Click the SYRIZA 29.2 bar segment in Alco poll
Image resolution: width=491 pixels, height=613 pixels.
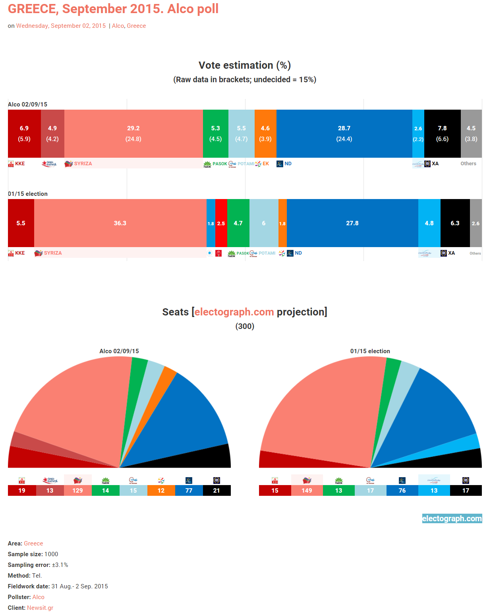[133, 133]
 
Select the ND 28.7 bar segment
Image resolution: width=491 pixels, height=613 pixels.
[344, 133]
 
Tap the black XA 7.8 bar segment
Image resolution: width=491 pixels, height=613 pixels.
[442, 133]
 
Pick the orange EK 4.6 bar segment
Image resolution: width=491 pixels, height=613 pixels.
[265, 133]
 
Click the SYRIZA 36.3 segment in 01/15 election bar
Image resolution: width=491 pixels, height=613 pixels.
[120, 223]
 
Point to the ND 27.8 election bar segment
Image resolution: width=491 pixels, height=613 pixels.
[352, 223]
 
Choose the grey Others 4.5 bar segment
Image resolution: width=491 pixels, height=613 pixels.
[471, 133]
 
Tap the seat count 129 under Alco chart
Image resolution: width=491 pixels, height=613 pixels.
[77, 490]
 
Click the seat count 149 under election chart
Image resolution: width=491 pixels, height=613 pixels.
[307, 490]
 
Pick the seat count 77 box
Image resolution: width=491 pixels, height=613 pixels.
[189, 490]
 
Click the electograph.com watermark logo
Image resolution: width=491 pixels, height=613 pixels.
[452, 518]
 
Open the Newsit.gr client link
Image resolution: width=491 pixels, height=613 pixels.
[40, 607]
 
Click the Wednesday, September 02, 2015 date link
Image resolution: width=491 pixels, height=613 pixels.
[61, 26]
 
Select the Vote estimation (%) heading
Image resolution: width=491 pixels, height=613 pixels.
[245, 65]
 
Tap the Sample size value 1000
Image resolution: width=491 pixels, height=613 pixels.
[51, 554]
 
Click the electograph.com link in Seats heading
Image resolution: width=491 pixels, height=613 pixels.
[234, 312]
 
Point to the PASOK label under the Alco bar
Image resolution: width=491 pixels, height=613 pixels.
[220, 164]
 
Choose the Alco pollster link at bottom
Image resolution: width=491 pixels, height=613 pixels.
[38, 597]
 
